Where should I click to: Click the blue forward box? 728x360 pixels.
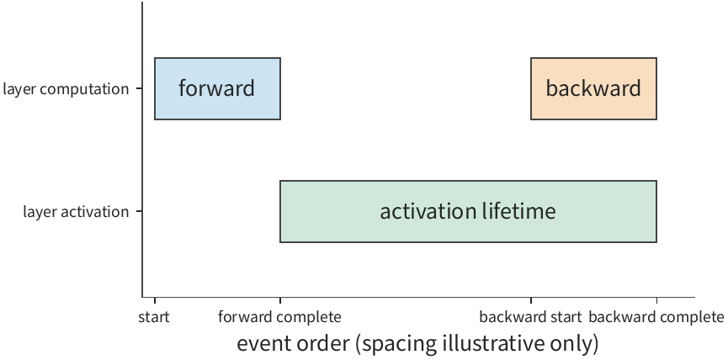[x=217, y=88]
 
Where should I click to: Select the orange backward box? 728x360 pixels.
[x=593, y=88]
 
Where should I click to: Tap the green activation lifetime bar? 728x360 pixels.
[x=468, y=212]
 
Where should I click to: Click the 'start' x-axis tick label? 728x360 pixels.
[x=154, y=317]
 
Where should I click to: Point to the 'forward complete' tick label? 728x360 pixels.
[x=280, y=317]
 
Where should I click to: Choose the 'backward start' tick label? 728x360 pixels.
[x=530, y=317]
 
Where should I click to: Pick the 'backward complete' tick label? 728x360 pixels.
[x=656, y=317]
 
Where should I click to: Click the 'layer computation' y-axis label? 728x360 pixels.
[x=66, y=89]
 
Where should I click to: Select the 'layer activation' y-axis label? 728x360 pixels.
[x=76, y=212]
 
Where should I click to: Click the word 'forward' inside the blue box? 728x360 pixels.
[x=217, y=88]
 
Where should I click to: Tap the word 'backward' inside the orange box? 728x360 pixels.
[x=593, y=88]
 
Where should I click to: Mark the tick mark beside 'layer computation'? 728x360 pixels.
[x=139, y=88]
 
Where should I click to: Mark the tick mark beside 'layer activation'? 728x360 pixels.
[x=139, y=212]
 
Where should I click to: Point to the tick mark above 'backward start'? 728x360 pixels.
[x=531, y=300]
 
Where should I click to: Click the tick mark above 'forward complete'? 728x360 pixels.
[x=280, y=300]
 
